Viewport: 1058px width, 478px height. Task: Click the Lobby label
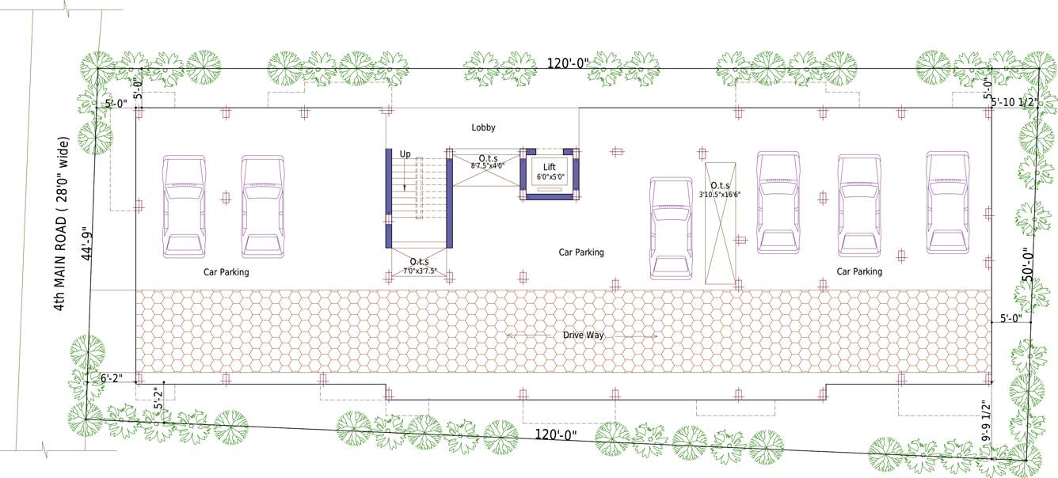click(483, 127)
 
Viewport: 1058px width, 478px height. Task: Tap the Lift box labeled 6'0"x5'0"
click(550, 172)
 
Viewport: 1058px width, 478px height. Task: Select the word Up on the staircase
click(405, 154)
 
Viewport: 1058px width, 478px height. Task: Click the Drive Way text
click(583, 336)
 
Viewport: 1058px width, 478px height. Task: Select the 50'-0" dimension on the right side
click(1026, 263)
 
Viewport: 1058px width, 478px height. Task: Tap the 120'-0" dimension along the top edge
click(568, 64)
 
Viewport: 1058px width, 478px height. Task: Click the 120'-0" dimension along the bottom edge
click(555, 434)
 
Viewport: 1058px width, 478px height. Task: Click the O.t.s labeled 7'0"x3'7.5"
click(419, 266)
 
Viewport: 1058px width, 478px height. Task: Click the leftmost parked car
click(184, 207)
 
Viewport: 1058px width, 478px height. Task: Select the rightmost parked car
click(948, 203)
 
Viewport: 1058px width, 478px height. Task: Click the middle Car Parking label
click(581, 252)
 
